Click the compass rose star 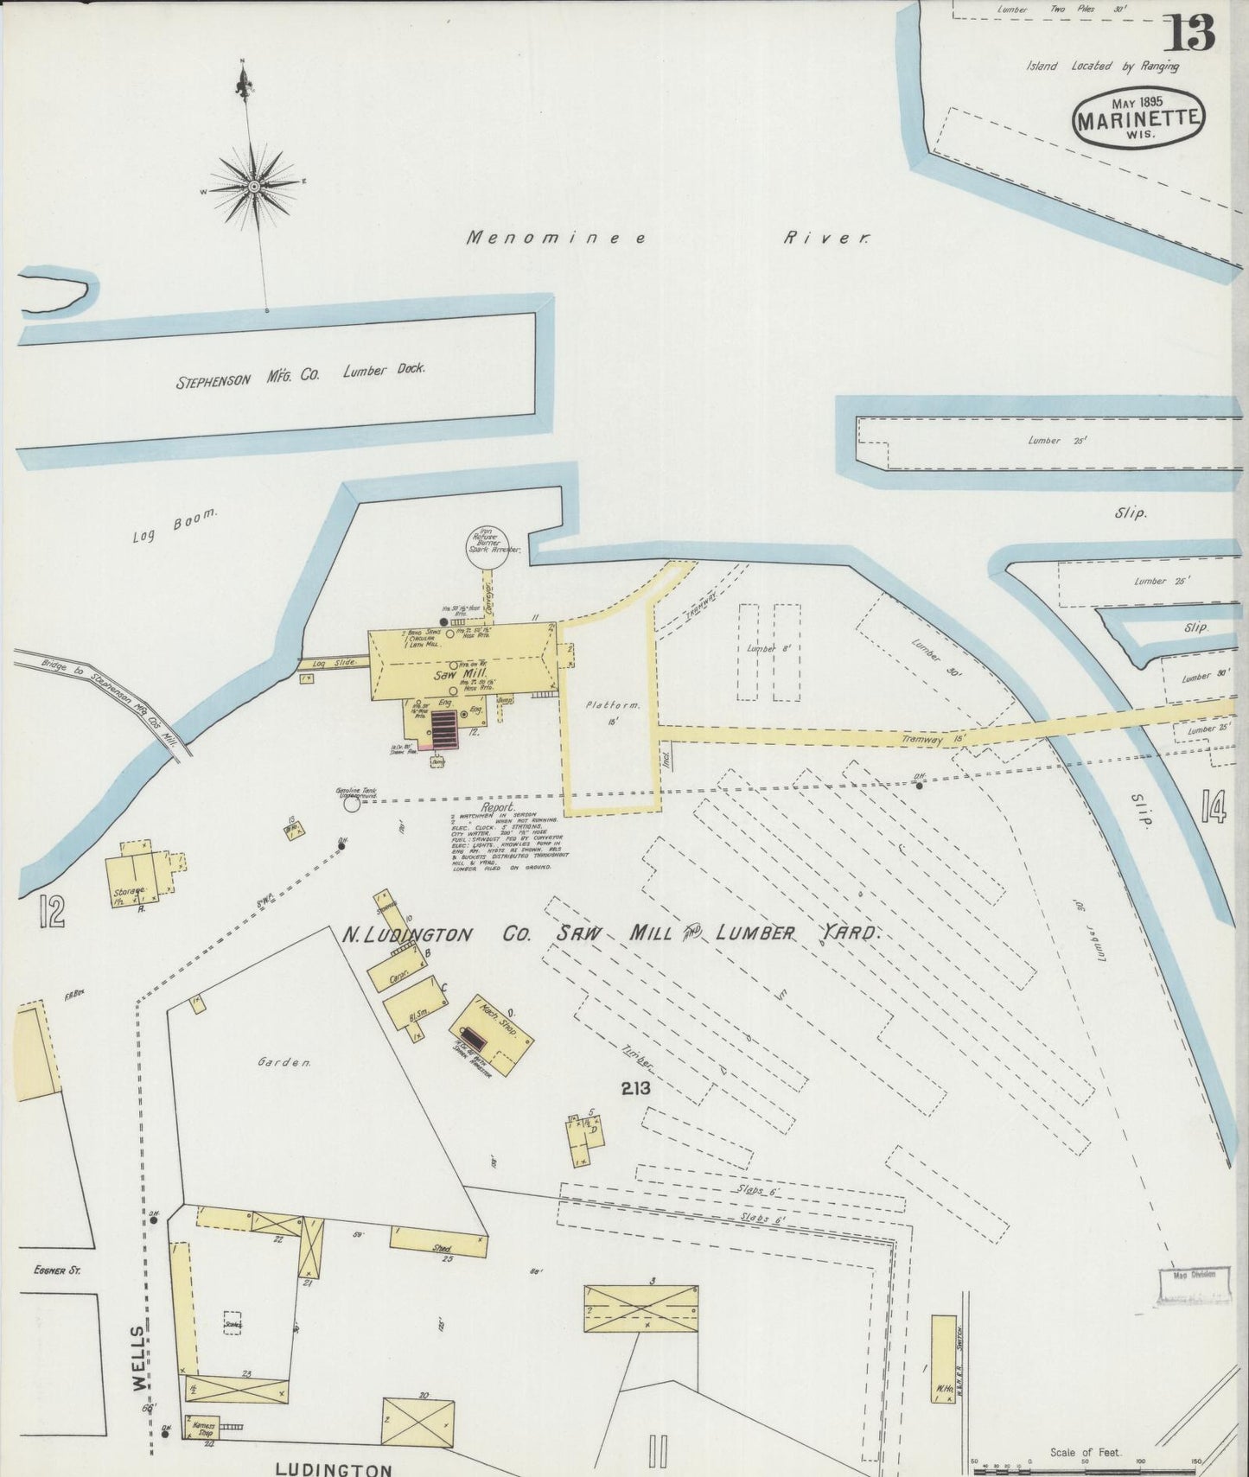coord(254,186)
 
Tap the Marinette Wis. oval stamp coord(1138,120)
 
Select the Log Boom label coord(175,525)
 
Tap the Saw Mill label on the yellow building coord(462,673)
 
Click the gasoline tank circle coord(351,804)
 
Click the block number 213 coord(635,1089)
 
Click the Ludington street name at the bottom coord(333,1468)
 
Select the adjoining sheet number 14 coord(1213,808)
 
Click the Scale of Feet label coord(1085,1452)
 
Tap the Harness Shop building coord(203,1427)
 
